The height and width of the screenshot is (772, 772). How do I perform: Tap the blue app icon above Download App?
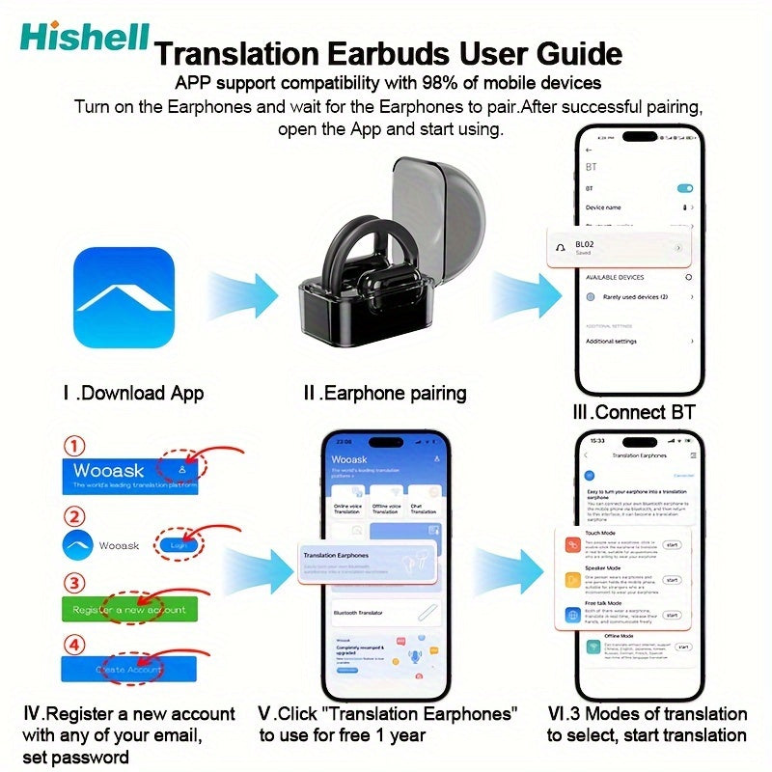click(x=124, y=297)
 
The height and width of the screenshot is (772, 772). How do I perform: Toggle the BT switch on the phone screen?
click(x=686, y=187)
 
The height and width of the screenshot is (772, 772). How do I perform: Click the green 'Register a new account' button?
click(x=129, y=610)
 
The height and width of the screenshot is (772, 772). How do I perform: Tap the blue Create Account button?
click(x=129, y=669)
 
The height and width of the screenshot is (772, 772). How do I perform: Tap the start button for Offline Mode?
click(x=683, y=648)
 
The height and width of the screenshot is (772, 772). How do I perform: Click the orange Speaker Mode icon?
click(x=570, y=580)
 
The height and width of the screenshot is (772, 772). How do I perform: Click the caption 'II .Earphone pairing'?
click(x=384, y=393)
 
